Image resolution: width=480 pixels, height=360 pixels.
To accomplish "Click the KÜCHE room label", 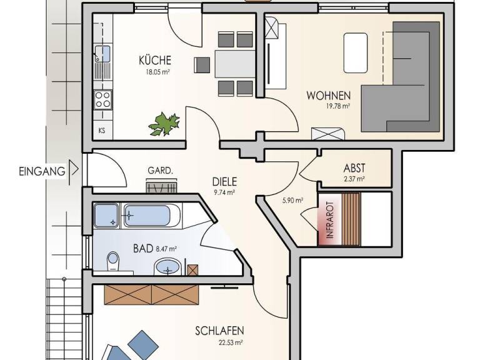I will (154, 61).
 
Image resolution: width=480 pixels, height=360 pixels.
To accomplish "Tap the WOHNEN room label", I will (328, 96).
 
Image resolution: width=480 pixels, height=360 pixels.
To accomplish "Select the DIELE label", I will (224, 182).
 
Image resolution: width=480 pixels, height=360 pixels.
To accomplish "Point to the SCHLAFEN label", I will (219, 331).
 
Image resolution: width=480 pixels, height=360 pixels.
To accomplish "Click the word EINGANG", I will (42, 170).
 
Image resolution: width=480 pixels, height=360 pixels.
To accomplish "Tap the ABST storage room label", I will (354, 167).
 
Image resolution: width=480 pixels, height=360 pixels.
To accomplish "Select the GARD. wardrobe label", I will (160, 171).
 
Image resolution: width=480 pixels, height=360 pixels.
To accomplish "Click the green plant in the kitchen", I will (164, 123).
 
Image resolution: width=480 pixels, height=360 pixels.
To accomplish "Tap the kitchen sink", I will (102, 54).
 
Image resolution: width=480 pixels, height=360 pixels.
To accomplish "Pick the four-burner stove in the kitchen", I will (102, 99).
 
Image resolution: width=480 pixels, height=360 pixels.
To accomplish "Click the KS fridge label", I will (102, 131).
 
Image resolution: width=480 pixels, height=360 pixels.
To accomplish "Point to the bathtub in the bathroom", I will (151, 216).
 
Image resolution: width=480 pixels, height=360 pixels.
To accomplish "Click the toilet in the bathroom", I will (113, 261).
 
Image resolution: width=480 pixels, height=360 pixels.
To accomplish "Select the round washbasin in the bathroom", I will (167, 267).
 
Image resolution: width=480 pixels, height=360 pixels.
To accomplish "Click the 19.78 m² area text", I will (337, 106).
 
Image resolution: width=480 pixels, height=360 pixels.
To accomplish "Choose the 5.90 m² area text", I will (292, 201).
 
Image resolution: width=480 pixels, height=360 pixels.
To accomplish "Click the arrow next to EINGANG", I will (74, 169).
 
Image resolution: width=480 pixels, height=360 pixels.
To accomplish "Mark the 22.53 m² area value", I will (230, 342).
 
